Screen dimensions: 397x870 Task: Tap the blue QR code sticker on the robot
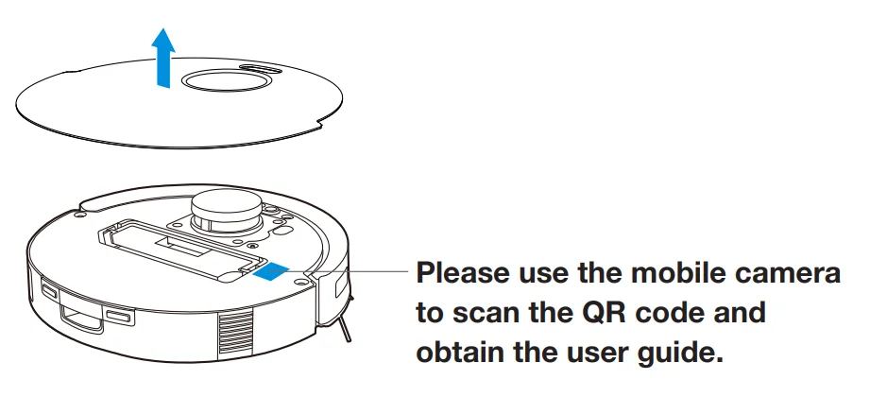[x=272, y=270]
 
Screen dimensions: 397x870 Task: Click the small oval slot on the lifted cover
[x=259, y=68]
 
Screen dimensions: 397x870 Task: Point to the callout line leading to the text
[x=359, y=271]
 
